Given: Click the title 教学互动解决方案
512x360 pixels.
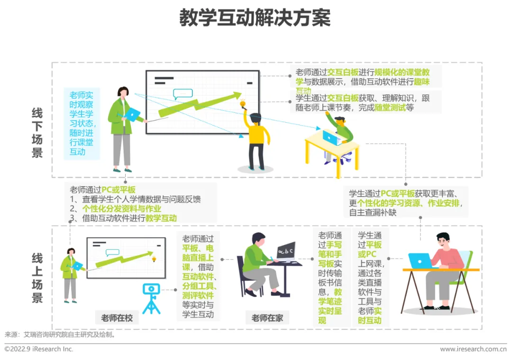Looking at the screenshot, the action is [255, 18].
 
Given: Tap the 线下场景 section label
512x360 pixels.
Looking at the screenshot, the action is [37, 133].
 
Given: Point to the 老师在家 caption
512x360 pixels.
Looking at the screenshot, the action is [267, 318].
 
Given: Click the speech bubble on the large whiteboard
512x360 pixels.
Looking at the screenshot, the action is [183, 93].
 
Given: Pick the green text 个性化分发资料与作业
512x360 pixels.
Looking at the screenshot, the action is [122, 209].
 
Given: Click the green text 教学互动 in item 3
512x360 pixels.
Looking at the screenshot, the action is [161, 218].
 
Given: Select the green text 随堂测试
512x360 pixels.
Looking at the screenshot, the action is [390, 108].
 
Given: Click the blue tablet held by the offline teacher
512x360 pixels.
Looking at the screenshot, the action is [133, 114].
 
